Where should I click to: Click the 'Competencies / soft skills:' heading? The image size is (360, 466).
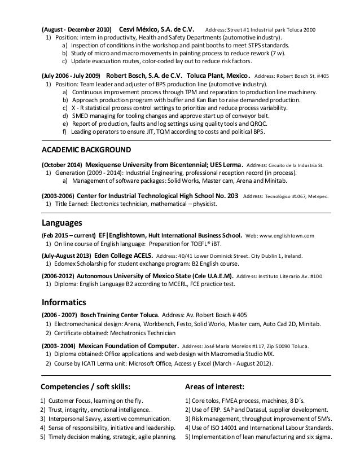coord(86,386)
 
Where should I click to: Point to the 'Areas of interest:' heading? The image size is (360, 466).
coord(214,386)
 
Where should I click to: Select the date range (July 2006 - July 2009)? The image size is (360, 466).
coord(71,74)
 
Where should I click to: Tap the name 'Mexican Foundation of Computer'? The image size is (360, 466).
coord(123,345)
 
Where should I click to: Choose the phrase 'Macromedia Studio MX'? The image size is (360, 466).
coord(236,354)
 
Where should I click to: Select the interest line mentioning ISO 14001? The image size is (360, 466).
coord(256,428)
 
